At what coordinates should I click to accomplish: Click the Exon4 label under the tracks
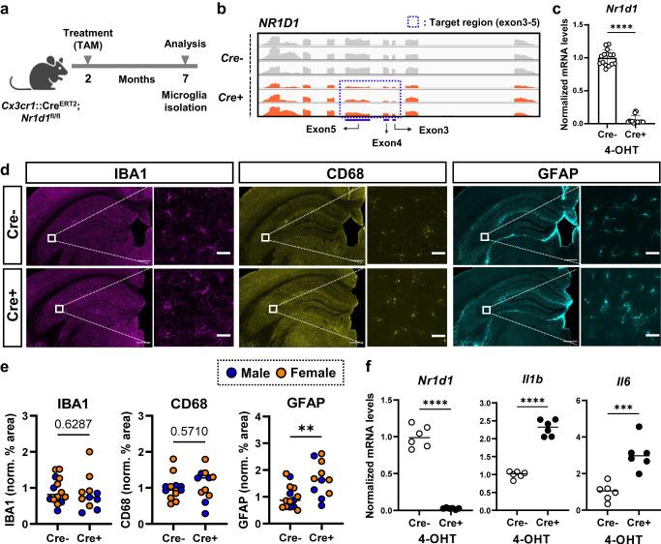pos(393,140)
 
